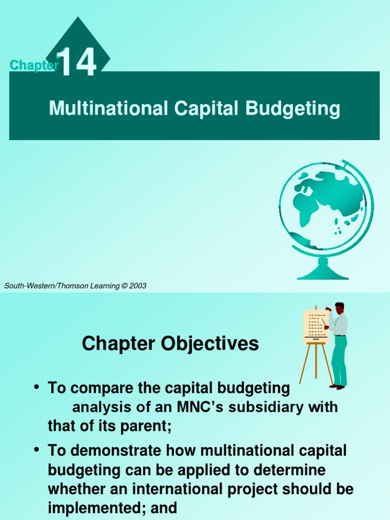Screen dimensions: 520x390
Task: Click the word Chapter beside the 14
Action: click(32, 65)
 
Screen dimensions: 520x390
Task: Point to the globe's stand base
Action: click(322, 274)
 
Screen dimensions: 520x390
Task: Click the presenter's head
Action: click(339, 308)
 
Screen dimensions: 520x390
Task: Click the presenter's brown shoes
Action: click(337, 386)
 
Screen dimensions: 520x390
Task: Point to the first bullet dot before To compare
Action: click(37, 388)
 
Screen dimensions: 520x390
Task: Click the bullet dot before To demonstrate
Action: click(37, 450)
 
